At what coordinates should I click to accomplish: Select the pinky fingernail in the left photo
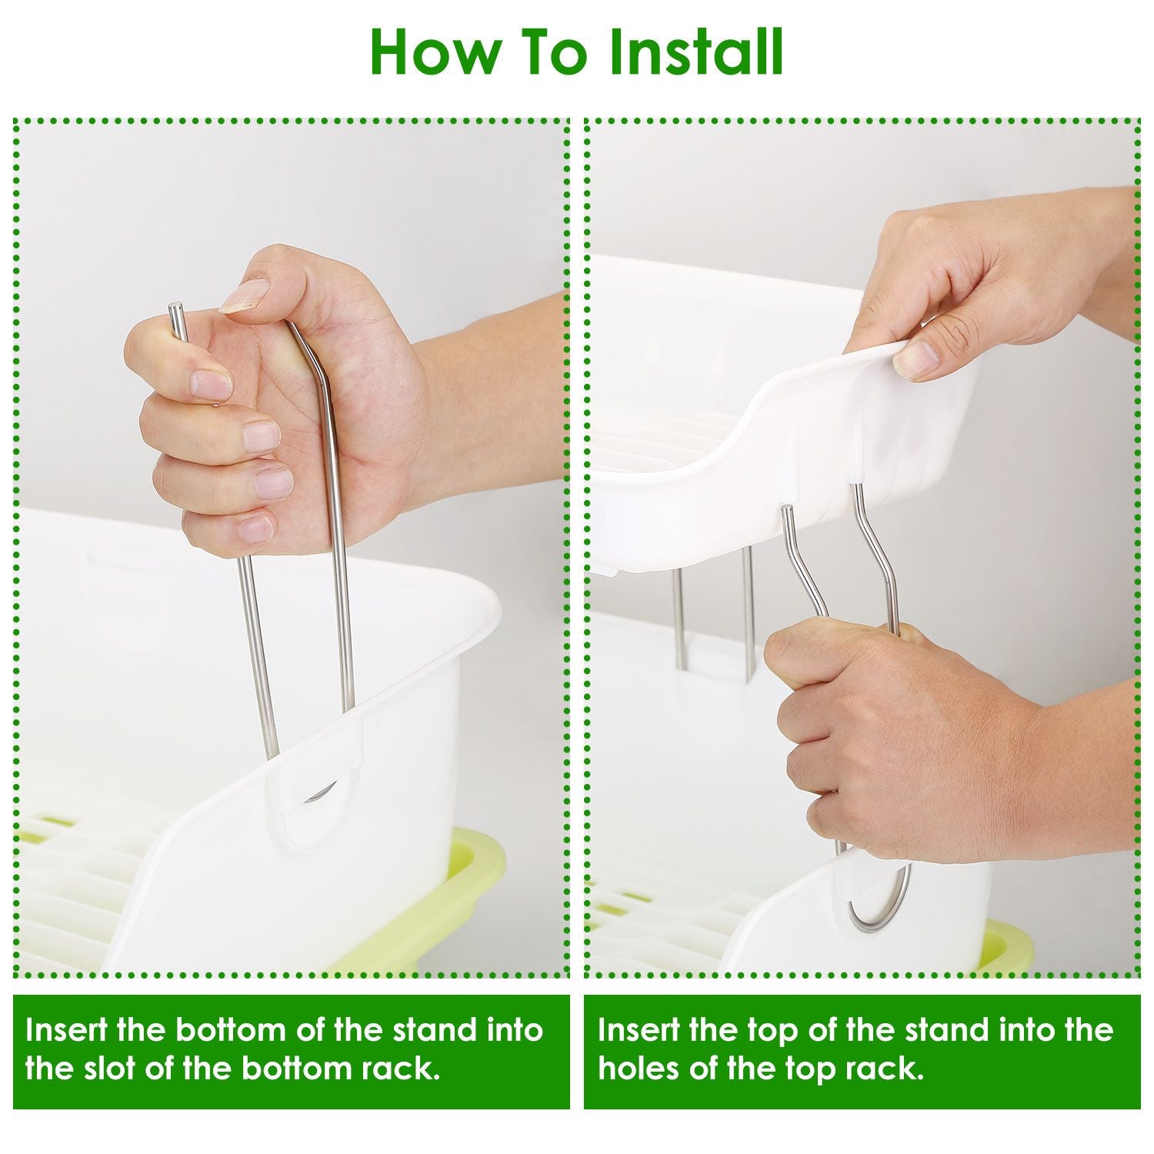[255, 529]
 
